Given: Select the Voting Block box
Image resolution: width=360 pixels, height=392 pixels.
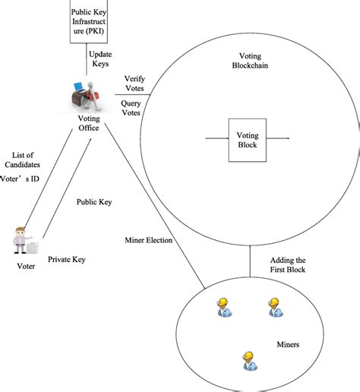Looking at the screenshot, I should pyautogui.click(x=248, y=139).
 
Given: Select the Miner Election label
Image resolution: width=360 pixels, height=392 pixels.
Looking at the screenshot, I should pyautogui.click(x=149, y=240).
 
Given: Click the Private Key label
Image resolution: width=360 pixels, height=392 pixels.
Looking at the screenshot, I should pyautogui.click(x=67, y=260).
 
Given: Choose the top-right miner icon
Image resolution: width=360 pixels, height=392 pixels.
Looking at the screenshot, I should pyautogui.click(x=274, y=307).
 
